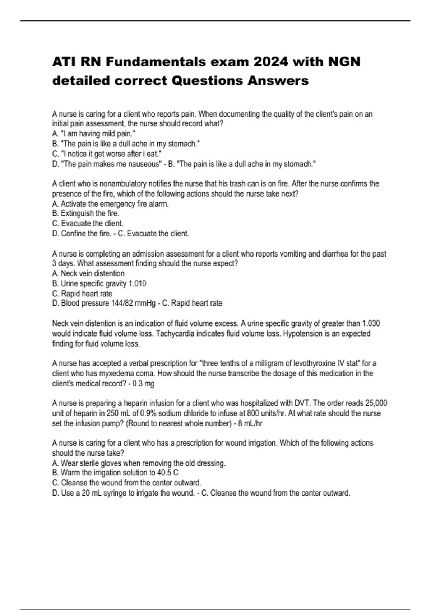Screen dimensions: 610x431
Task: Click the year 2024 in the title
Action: pos(270,62)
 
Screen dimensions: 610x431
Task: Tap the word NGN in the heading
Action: pos(344,62)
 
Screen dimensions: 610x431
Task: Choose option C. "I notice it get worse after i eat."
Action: pos(107,154)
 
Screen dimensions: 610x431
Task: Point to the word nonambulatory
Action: pos(123,184)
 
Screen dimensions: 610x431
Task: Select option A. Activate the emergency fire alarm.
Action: pos(110,204)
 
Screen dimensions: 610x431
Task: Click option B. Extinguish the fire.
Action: pos(85,213)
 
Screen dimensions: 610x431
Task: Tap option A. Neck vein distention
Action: pos(88,273)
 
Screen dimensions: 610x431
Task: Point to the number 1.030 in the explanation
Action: pos(371,323)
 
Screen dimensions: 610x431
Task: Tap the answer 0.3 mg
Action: pos(143,384)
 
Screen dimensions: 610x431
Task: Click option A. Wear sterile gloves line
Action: pos(139,463)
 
